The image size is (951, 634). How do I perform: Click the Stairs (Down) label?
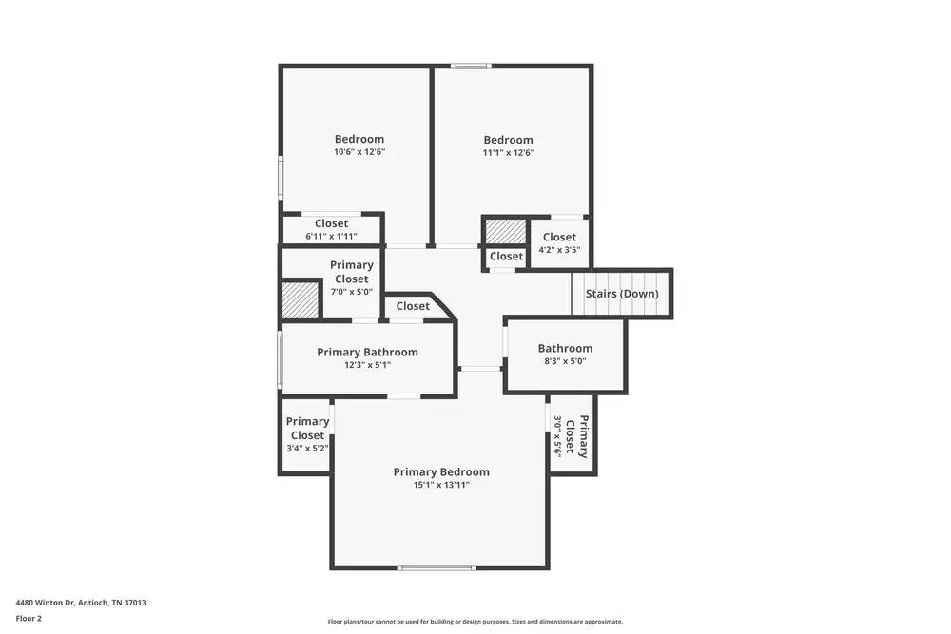coord(622,294)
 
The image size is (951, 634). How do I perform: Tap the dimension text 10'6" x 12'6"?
coord(359,152)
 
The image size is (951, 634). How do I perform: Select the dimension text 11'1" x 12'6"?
coord(508,152)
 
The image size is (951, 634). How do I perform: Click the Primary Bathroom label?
coord(367,352)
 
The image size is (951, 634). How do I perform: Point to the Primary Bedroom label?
coord(441,471)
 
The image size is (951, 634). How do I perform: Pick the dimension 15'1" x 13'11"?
coord(441,485)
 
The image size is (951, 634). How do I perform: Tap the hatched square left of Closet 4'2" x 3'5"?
coord(505,231)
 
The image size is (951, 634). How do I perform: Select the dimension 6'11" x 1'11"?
coord(331,236)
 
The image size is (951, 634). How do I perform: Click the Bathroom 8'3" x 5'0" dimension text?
coord(565,361)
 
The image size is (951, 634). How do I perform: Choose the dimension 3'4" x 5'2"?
coord(307,448)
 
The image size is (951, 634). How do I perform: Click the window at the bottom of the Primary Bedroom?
coord(437,567)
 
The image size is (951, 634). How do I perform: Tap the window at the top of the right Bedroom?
coord(471,66)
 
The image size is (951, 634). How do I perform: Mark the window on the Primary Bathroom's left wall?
coord(280,358)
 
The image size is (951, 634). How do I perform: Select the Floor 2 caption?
coord(29,618)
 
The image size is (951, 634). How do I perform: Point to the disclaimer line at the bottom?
coord(475,622)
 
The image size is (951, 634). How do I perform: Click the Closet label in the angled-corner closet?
coord(413,306)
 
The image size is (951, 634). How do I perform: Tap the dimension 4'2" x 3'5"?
coord(559,250)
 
